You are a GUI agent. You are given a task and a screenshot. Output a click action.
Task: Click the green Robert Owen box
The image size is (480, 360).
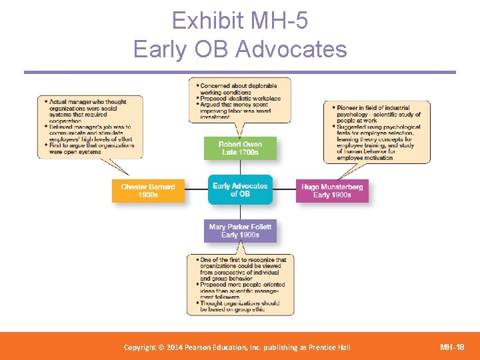pyautogui.click(x=240, y=148)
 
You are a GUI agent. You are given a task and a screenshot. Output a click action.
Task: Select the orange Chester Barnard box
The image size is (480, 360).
pyautogui.click(x=148, y=191)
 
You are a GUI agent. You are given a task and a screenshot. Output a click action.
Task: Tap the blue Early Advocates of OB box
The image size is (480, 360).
pyautogui.click(x=240, y=190)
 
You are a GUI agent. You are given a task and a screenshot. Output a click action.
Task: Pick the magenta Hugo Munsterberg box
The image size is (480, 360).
pyautogui.click(x=331, y=191)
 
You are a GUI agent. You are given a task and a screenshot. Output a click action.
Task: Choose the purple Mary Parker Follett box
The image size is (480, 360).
pyautogui.click(x=240, y=231)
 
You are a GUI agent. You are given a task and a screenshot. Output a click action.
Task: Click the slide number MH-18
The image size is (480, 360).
pyautogui.click(x=453, y=347)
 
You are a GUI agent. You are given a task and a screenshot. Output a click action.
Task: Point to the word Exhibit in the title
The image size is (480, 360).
pyautogui.click(x=207, y=22)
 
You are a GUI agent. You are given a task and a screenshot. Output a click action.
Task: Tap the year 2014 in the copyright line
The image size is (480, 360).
pyautogui.click(x=172, y=347)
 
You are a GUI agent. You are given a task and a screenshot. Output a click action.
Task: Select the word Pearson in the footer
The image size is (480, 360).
pyautogui.click(x=199, y=347)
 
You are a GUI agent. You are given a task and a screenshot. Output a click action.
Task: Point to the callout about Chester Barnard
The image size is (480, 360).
pyautogui.click(x=91, y=127)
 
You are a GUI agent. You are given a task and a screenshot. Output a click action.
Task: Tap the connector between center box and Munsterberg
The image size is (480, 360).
pyautogui.click(x=284, y=191)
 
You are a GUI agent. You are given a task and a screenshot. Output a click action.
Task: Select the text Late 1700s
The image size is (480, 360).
pyautogui.click(x=240, y=153)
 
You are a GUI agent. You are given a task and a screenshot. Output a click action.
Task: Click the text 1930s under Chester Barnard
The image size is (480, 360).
pyautogui.click(x=148, y=195)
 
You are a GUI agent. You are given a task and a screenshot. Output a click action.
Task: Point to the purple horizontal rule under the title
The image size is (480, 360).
pyautogui.click(x=240, y=72)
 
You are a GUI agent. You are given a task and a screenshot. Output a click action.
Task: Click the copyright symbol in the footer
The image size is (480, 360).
pyautogui.click(x=161, y=347)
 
